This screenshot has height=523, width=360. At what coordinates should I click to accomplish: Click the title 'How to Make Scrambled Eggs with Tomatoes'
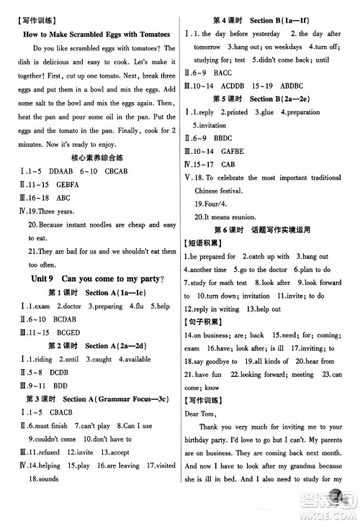96,34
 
